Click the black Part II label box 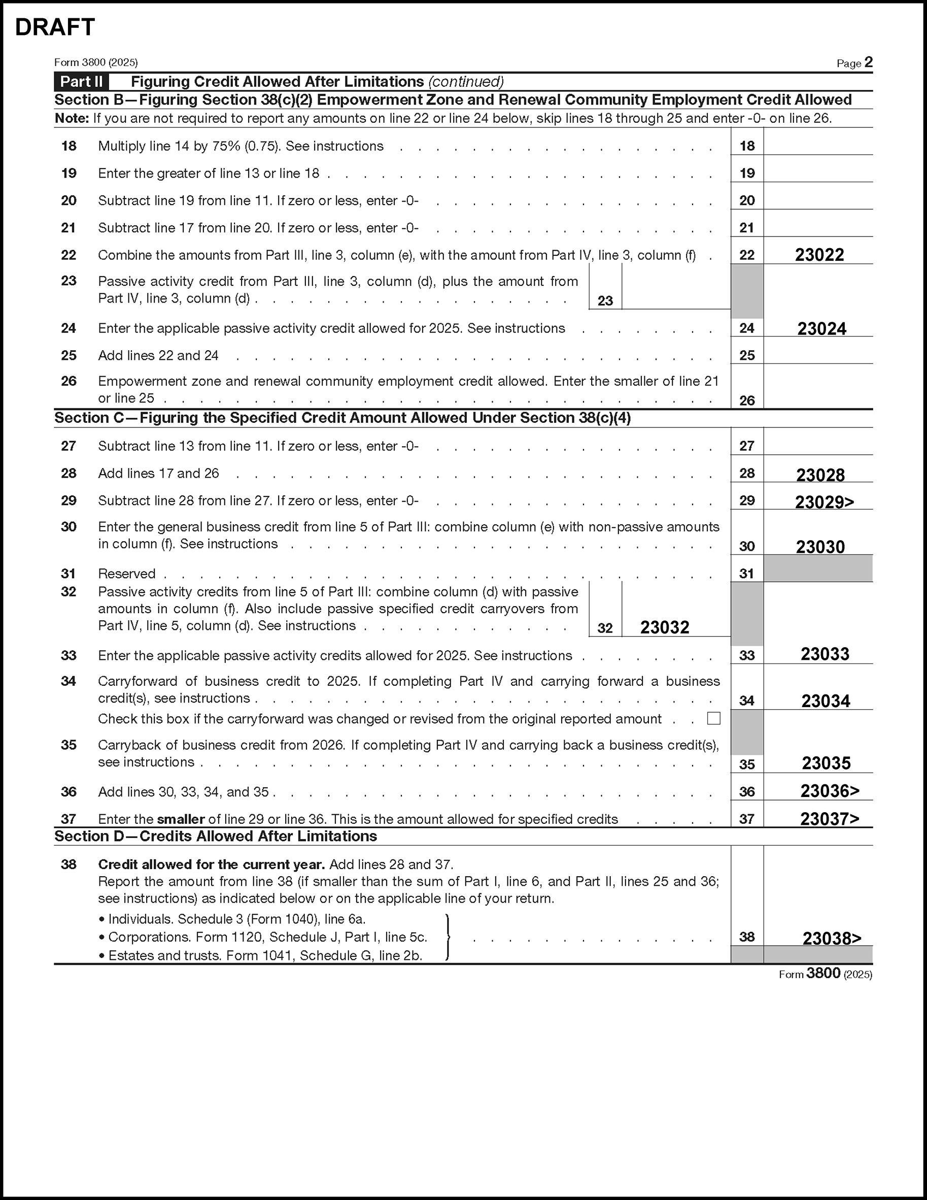[x=81, y=82]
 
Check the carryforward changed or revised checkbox [x=713, y=718]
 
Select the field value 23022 [x=819, y=255]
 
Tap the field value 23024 [x=821, y=328]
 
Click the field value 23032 [x=664, y=627]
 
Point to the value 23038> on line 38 [x=832, y=938]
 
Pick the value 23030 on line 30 [x=820, y=547]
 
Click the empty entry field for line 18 [x=818, y=145]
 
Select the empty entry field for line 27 [x=818, y=445]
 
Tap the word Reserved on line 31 [x=126, y=574]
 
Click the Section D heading [x=215, y=836]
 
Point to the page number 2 [x=868, y=62]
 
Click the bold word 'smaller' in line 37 [x=181, y=819]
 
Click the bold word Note [x=72, y=119]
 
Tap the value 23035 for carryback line [x=826, y=762]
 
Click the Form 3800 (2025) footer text [x=825, y=974]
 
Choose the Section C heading [x=342, y=418]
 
